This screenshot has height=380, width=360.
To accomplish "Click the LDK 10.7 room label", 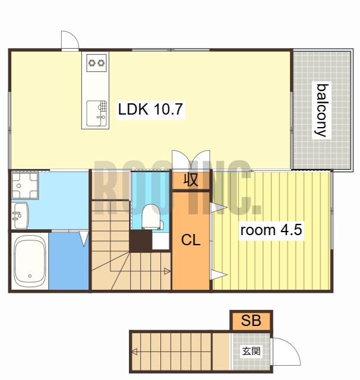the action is pyautogui.click(x=150, y=109).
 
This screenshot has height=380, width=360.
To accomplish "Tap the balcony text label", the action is pyautogui.click(x=322, y=110).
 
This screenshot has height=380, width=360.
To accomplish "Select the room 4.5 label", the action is pyautogui.click(x=271, y=230).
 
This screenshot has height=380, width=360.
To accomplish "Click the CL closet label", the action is pyautogui.click(x=191, y=240).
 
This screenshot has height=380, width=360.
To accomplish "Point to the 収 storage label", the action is pyautogui.click(x=191, y=180).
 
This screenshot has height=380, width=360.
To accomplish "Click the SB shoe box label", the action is pyautogui.click(x=251, y=321).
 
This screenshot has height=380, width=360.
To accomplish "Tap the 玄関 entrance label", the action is pyautogui.click(x=251, y=351).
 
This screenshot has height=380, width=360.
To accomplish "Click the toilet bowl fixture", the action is pyautogui.click(x=151, y=217).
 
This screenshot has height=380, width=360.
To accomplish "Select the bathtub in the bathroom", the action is pyautogui.click(x=30, y=261).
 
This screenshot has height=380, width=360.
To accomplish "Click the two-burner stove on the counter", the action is pyautogui.click(x=96, y=63).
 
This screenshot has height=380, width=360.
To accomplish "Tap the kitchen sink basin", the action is pyautogui.click(x=96, y=113).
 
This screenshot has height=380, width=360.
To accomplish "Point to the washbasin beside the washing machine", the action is pyautogui.click(x=20, y=215).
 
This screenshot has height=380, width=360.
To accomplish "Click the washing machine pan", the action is pyautogui.click(x=25, y=185).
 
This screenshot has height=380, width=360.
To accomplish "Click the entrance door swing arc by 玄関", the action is pyautogui.click(x=291, y=347).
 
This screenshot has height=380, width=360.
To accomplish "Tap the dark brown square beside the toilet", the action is pyautogui.click(x=140, y=242).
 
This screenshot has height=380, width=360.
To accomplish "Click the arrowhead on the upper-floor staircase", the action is pyautogui.click(x=167, y=271).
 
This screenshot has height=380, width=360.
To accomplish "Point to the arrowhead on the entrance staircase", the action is pyautogui.click(x=134, y=351).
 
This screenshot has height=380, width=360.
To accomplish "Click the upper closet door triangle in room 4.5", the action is pyautogui.click(x=219, y=208).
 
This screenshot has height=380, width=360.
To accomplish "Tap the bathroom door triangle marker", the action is pyautogui.click(x=84, y=239).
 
